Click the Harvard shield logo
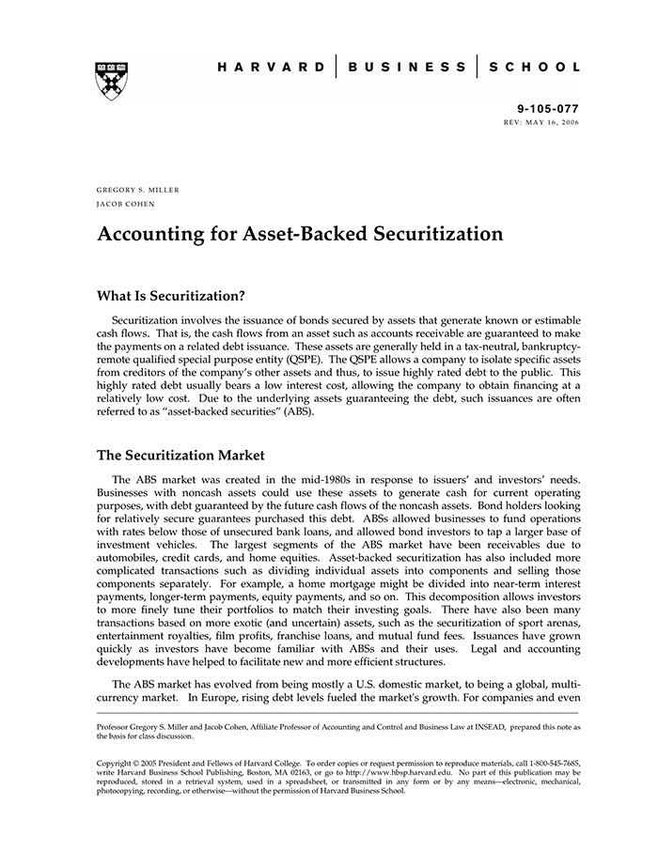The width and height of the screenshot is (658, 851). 112,81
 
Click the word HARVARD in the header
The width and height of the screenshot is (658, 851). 272,68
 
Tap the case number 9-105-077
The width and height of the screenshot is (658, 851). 549,109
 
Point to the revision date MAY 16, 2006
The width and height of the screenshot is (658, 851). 554,123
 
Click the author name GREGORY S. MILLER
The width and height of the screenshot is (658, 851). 138,190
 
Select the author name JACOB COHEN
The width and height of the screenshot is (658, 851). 126,204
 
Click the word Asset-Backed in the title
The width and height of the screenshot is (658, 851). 307,234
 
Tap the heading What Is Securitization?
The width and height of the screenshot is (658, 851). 171,295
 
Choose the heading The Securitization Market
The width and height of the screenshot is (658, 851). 180,456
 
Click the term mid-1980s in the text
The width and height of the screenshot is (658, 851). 322,479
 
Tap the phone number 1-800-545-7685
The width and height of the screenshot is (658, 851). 548,763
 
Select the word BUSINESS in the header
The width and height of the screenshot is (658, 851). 407,68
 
